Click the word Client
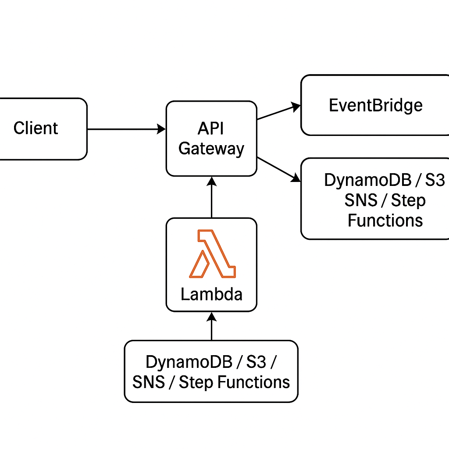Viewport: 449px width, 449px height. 36,128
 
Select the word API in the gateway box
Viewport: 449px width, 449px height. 211,129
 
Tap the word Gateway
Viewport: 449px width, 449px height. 211,149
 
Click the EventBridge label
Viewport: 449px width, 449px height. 376,105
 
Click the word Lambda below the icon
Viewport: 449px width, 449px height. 211,294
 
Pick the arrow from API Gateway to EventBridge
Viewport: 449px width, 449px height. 278,112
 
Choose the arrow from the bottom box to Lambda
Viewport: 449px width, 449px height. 211,326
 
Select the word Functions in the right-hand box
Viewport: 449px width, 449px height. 385,220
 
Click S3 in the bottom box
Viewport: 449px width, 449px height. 256,363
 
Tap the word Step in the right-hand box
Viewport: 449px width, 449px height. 408,200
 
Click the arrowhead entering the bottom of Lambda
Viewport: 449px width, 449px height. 211,315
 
